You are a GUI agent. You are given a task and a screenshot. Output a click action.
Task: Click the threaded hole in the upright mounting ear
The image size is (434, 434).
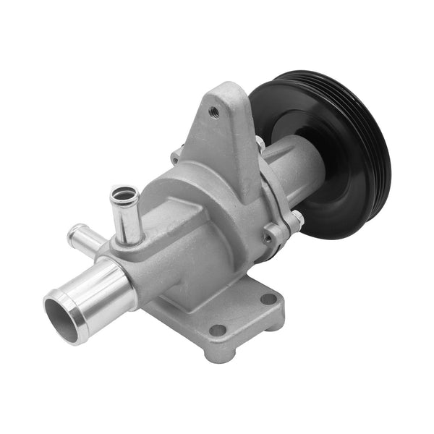click(213, 111)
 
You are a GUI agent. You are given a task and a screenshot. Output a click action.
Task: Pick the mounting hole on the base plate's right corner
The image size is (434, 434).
click(268, 298)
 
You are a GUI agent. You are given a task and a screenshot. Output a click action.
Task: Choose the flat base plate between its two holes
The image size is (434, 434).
click(242, 315)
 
